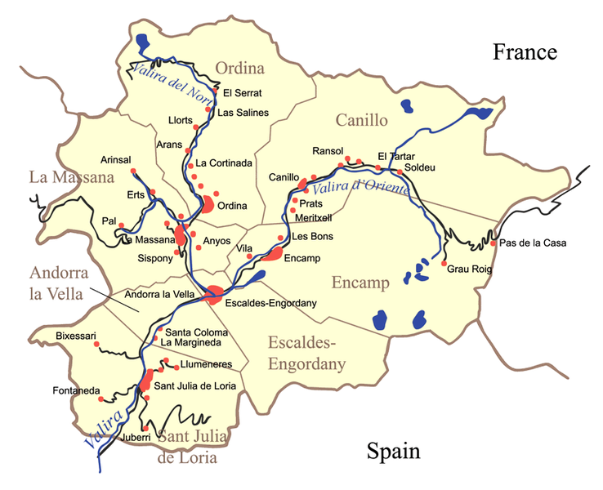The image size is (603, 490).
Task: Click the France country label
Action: tap(525, 53)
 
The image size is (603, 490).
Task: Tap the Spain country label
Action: tap(393, 452)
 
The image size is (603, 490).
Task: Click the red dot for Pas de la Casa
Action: tap(493, 243)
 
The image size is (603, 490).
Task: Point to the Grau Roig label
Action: tap(470, 268)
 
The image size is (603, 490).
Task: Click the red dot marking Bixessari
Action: tap(97, 345)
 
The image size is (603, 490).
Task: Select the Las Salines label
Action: tap(243, 112)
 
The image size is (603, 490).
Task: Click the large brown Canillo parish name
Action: tap(361, 121)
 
